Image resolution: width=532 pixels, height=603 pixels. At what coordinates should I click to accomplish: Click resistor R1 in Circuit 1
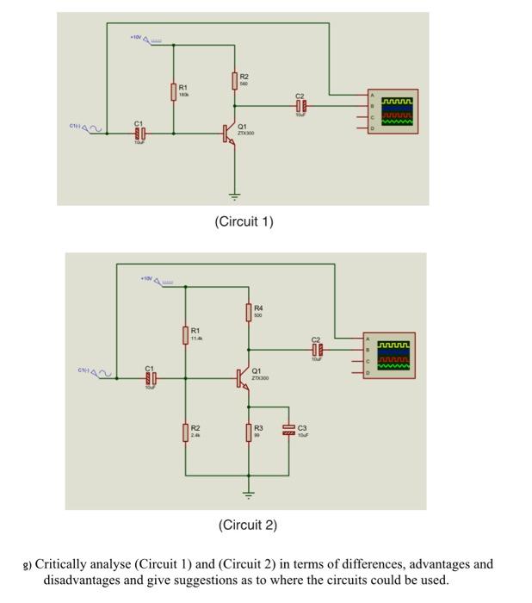(x=174, y=91)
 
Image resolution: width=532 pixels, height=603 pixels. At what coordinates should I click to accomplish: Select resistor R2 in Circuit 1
(x=234, y=81)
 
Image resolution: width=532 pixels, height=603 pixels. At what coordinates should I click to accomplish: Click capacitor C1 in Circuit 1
(x=141, y=134)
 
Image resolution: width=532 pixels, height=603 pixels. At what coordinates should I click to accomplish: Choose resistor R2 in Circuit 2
(x=185, y=432)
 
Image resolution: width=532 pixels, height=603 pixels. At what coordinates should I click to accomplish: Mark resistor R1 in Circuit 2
(x=185, y=334)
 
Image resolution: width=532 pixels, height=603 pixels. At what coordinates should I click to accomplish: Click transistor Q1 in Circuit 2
(x=244, y=377)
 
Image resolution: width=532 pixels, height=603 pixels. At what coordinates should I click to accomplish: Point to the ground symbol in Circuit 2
(x=249, y=494)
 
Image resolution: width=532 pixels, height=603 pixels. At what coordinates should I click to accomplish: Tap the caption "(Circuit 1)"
(x=244, y=222)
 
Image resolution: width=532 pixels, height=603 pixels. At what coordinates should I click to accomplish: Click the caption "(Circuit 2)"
(x=248, y=525)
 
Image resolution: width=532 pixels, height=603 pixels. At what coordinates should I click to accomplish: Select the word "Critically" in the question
(x=61, y=564)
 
